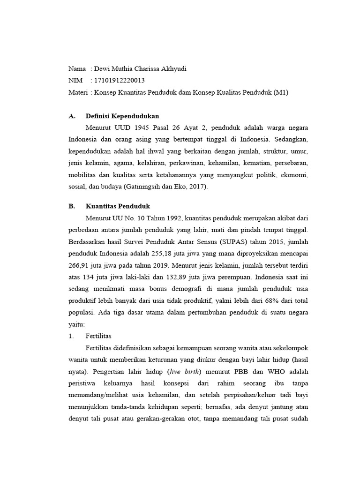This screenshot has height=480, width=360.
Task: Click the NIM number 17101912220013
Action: pos(120,80)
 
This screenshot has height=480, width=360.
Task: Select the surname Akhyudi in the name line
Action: pos(172,68)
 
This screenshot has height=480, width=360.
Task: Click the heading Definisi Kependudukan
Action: pos(123,116)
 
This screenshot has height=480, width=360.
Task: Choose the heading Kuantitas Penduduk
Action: pos(118,206)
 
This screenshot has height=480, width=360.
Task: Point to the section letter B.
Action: pos(71,206)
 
